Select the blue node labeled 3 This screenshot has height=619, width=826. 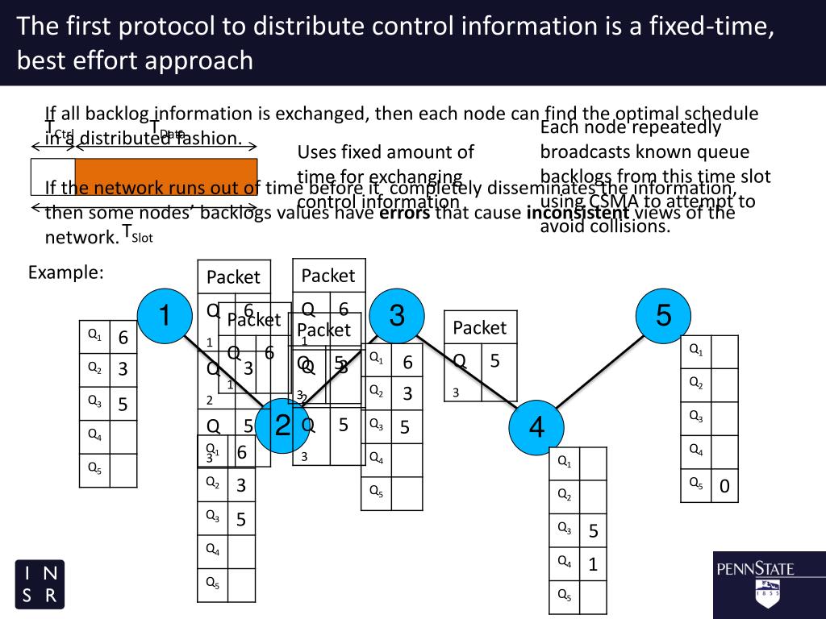coord(396,316)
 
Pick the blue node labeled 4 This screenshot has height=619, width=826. coord(536,427)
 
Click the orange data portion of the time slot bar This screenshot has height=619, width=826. coord(165,177)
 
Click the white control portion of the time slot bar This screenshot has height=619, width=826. coord(52,177)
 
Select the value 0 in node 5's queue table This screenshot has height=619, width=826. coord(724,486)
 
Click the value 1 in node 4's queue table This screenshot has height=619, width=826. coord(592,565)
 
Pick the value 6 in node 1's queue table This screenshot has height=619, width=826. coord(123,338)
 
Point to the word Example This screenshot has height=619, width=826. coord(66,272)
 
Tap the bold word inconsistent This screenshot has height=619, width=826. coord(577,213)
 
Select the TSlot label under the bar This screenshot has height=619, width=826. coord(137,234)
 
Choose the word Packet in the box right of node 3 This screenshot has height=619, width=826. coord(479,328)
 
